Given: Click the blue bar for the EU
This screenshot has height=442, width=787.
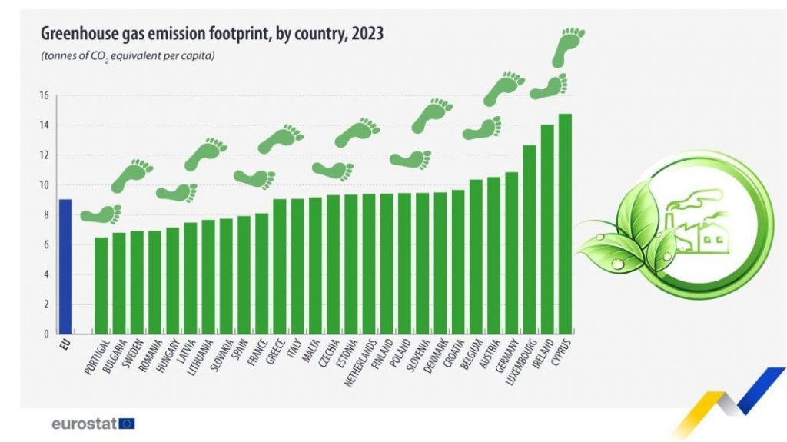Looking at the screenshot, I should click(x=66, y=266).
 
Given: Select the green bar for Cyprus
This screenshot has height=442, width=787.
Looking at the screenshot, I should click(x=565, y=224).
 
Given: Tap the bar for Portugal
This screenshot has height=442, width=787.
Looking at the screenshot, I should click(x=101, y=285).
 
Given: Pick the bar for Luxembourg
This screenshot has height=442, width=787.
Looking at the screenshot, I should click(x=530, y=239).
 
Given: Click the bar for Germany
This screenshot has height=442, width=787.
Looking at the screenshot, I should click(x=511, y=253).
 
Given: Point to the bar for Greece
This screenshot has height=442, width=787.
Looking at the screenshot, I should click(x=280, y=266).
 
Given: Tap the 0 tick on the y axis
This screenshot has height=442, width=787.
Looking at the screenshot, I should click(x=45, y=334).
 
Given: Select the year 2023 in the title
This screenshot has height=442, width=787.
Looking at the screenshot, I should click(x=367, y=33).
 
